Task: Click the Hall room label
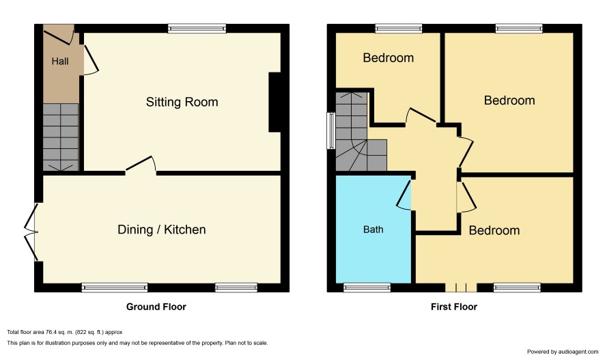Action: tap(60, 61)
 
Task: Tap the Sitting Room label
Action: tap(182, 102)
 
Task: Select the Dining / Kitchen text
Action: tap(162, 230)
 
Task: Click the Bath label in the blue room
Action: tap(374, 230)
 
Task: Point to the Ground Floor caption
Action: tap(156, 307)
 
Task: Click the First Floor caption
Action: tap(454, 307)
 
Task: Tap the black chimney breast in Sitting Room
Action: tap(275, 102)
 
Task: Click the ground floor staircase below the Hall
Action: tap(61, 137)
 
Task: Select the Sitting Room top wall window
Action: tap(197, 28)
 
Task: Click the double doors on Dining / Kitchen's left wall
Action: tap(31, 232)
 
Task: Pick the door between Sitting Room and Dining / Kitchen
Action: tap(141, 165)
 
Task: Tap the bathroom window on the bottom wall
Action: tap(367, 288)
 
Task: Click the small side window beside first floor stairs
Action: tap(331, 130)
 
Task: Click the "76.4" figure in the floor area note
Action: tap(51, 332)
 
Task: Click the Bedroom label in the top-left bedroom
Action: tap(388, 58)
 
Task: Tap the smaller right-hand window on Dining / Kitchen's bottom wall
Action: tap(236, 288)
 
